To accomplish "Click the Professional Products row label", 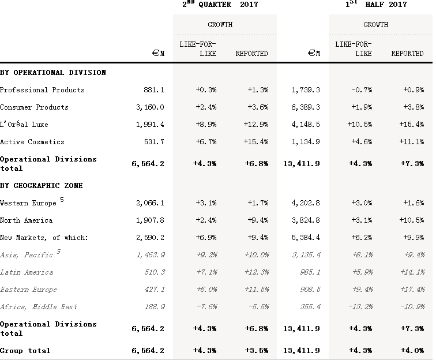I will (x=42, y=90).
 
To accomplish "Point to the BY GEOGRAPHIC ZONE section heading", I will (x=42, y=186).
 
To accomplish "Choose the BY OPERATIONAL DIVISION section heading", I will (x=53, y=73).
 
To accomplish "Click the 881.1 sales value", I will (x=154, y=90).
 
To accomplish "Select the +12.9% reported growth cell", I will (x=256, y=125).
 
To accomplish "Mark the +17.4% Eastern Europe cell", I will (x=411, y=290).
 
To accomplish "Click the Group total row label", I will (x=25, y=351).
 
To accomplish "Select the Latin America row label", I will (x=27, y=272).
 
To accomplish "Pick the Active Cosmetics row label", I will (x=32, y=142).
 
